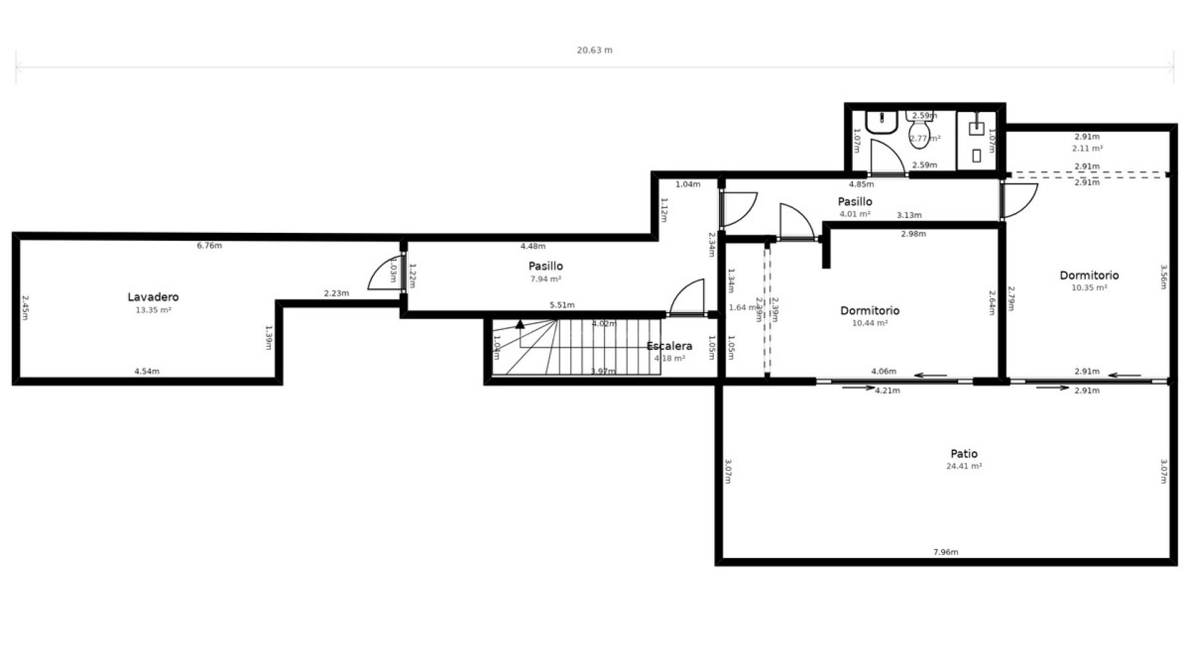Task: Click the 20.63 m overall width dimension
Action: (x=594, y=50)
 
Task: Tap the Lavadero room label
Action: (x=153, y=297)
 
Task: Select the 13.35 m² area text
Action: (x=153, y=310)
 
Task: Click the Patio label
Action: (x=964, y=453)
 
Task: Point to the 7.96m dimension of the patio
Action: (x=945, y=552)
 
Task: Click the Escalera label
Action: (x=669, y=346)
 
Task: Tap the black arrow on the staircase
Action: (x=520, y=324)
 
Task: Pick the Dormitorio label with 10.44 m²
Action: (x=869, y=311)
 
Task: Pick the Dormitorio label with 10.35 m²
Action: (x=1089, y=276)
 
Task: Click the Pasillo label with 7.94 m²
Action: (x=545, y=266)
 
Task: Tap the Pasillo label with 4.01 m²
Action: (x=855, y=202)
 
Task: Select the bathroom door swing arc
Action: (x=887, y=155)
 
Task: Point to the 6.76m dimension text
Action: (x=209, y=246)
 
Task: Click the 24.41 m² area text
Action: (x=964, y=466)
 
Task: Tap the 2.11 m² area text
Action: (x=1087, y=149)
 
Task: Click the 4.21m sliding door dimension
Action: (x=887, y=391)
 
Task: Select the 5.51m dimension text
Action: (x=562, y=305)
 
